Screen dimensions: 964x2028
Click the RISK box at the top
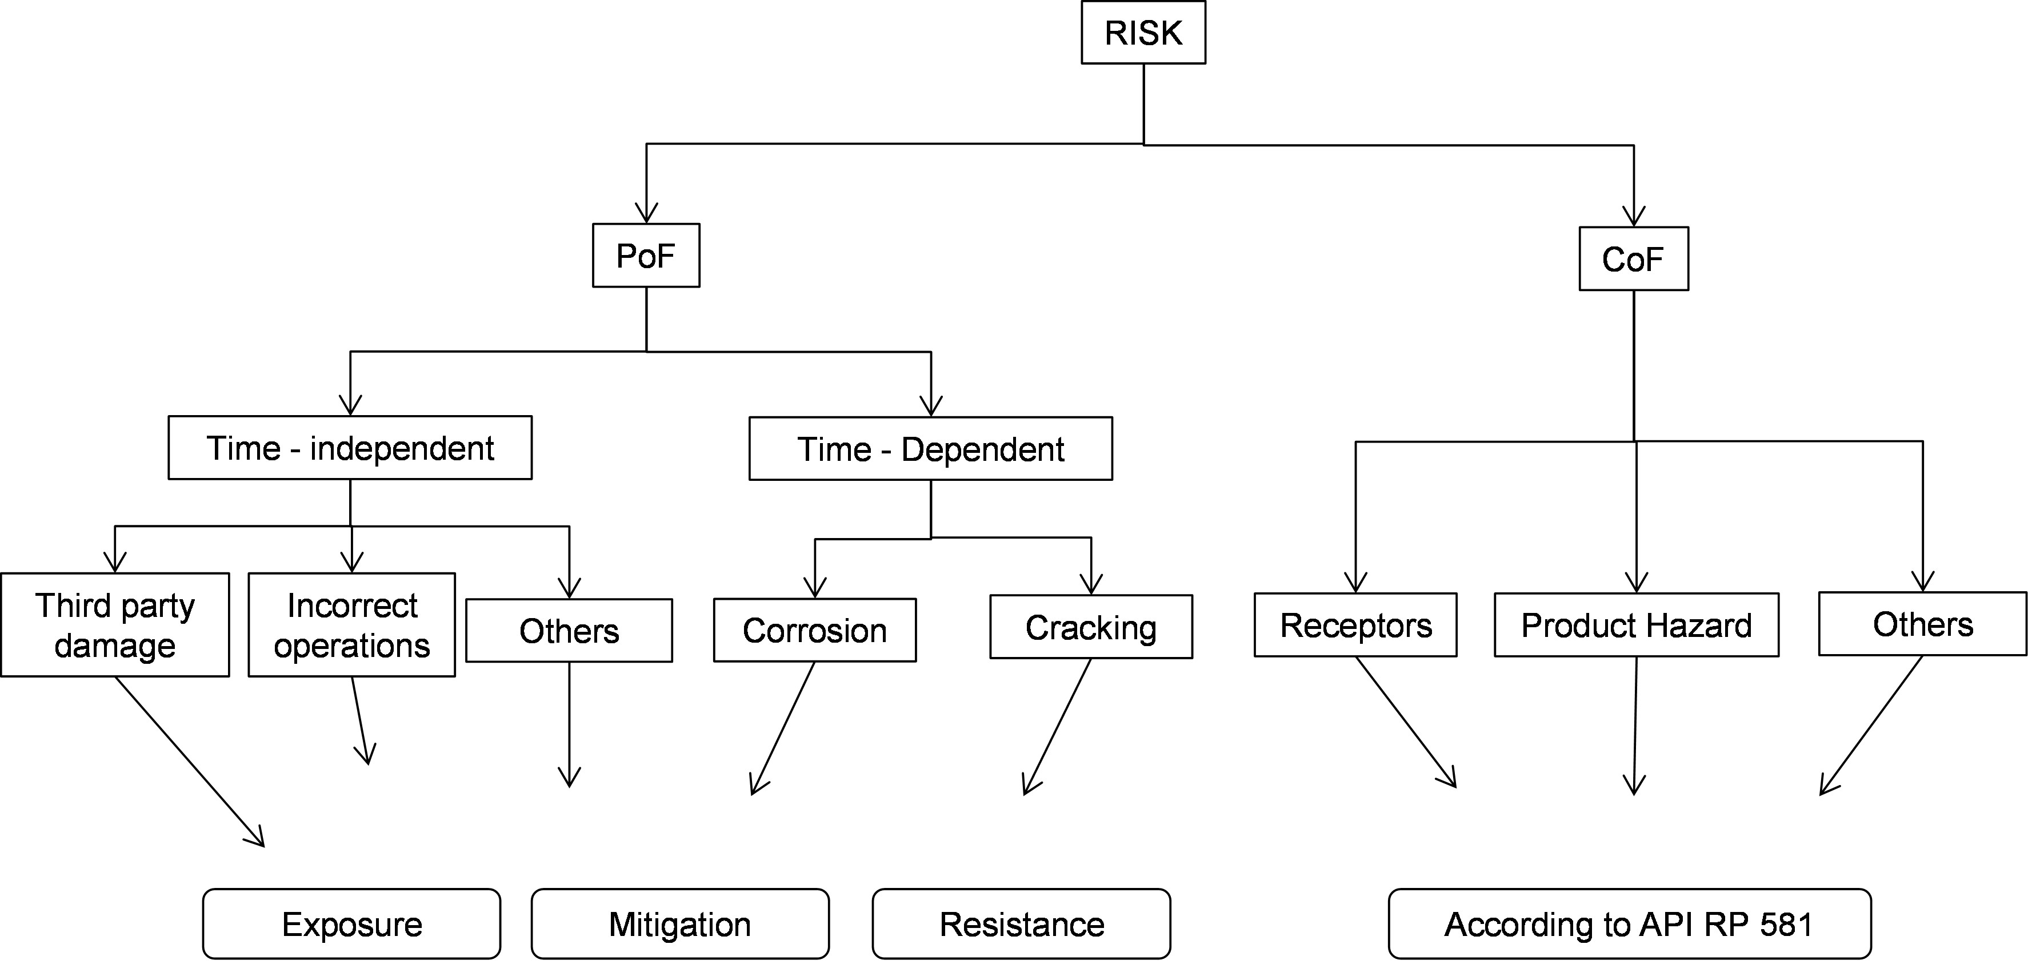click(x=1143, y=33)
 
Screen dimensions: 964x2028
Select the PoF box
click(x=646, y=256)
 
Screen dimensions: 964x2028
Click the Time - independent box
click(x=350, y=448)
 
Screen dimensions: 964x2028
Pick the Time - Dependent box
click(x=930, y=449)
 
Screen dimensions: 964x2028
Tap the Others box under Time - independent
click(x=569, y=631)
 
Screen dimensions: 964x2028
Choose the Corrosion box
click(x=814, y=630)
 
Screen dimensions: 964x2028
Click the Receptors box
click(x=1355, y=626)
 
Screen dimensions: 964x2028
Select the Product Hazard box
click(x=1636, y=626)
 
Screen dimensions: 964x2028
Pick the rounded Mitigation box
click(x=679, y=924)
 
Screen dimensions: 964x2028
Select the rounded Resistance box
click(x=1021, y=924)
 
